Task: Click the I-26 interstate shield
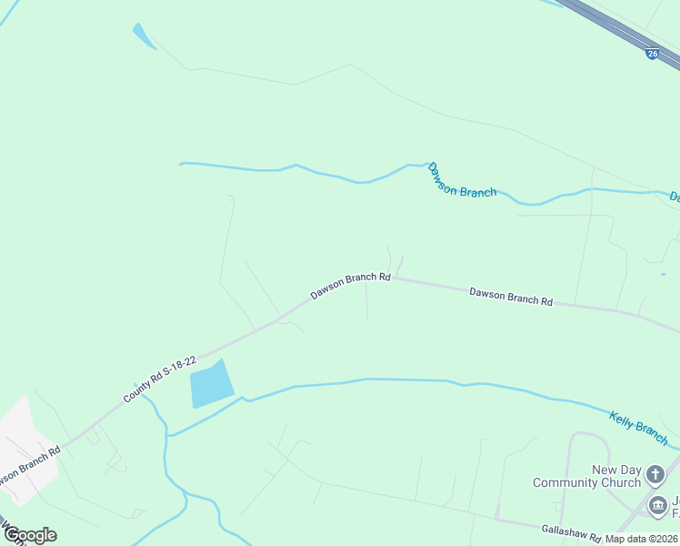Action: (653, 54)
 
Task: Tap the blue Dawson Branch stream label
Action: (462, 180)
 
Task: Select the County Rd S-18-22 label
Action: (160, 379)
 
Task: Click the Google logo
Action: (29, 535)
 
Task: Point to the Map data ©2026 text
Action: (641, 539)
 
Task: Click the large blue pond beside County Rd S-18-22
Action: (211, 384)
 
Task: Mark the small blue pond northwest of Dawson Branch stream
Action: (144, 36)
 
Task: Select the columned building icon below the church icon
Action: (657, 504)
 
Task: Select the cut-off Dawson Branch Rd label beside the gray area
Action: (27, 464)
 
